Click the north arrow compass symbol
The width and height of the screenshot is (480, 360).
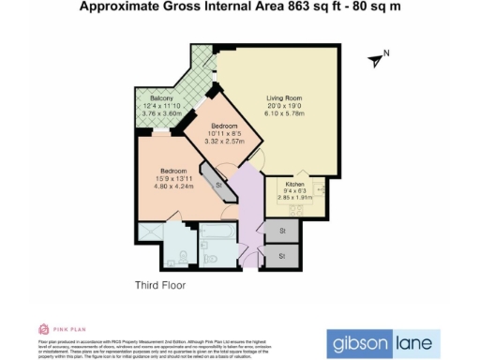[x=377, y=59]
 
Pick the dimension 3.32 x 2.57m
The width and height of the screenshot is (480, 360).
[x=226, y=142]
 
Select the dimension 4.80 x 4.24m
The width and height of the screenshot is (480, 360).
[x=172, y=187]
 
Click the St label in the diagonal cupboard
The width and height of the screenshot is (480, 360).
[x=219, y=186]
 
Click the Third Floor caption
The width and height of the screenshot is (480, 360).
[x=159, y=284]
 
